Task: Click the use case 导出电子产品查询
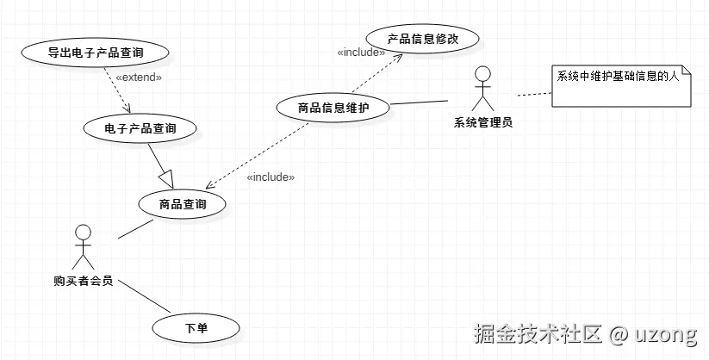pos(96,53)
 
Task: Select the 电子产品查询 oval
pos(140,128)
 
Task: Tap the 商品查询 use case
pos(183,204)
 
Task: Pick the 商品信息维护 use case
pos(333,108)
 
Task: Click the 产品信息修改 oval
pos(422,40)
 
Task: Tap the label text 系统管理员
pos(483,122)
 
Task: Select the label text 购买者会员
pos(83,281)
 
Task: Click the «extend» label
pos(139,78)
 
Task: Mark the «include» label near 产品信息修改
pos(361,53)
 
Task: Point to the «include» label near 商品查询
pos(271,177)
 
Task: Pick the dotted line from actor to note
pos(532,93)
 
